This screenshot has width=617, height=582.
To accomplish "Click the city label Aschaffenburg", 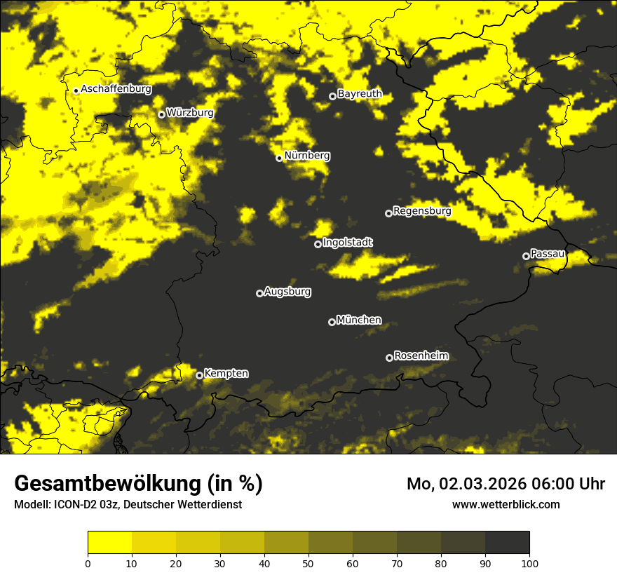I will tap(116, 89).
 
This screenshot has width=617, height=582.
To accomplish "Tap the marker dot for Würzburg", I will tap(161, 114).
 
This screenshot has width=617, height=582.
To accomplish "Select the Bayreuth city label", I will tap(360, 94).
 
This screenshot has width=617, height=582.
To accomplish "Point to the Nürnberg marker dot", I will tap(279, 158).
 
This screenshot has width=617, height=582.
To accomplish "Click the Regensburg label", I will tap(422, 210).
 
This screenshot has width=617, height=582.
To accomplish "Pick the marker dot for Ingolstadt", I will tap(318, 244).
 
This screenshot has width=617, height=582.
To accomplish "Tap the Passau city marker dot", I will tap(526, 256).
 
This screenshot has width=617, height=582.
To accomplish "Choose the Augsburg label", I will tap(287, 291).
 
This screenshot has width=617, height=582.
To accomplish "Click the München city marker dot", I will tap(332, 322).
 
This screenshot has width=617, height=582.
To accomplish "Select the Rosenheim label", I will tap(421, 356).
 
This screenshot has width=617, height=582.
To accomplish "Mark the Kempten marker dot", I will tap(199, 375).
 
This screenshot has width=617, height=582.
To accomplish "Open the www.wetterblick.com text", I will tap(506, 504).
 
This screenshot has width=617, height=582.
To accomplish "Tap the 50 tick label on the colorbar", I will tap(308, 563).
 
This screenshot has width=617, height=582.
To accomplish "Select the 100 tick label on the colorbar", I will tap(529, 563).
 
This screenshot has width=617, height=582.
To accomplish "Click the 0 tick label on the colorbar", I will tap(88, 563).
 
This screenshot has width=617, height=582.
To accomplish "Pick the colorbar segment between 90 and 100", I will tap(507, 542).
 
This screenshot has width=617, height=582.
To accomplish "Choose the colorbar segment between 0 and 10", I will tap(110, 542).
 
